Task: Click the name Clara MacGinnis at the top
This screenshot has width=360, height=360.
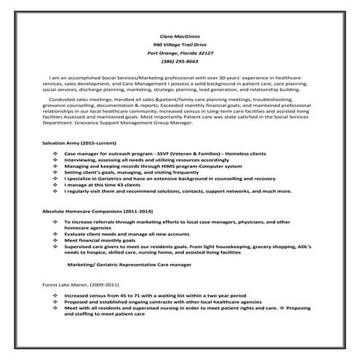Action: click(180, 35)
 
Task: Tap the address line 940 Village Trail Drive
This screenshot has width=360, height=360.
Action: click(180, 44)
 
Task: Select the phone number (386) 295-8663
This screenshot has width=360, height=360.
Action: click(180, 63)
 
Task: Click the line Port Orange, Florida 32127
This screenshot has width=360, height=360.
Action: click(180, 53)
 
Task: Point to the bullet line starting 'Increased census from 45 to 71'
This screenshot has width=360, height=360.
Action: click(146, 296)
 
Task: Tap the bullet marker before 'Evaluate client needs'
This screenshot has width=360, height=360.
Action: click(56, 233)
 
